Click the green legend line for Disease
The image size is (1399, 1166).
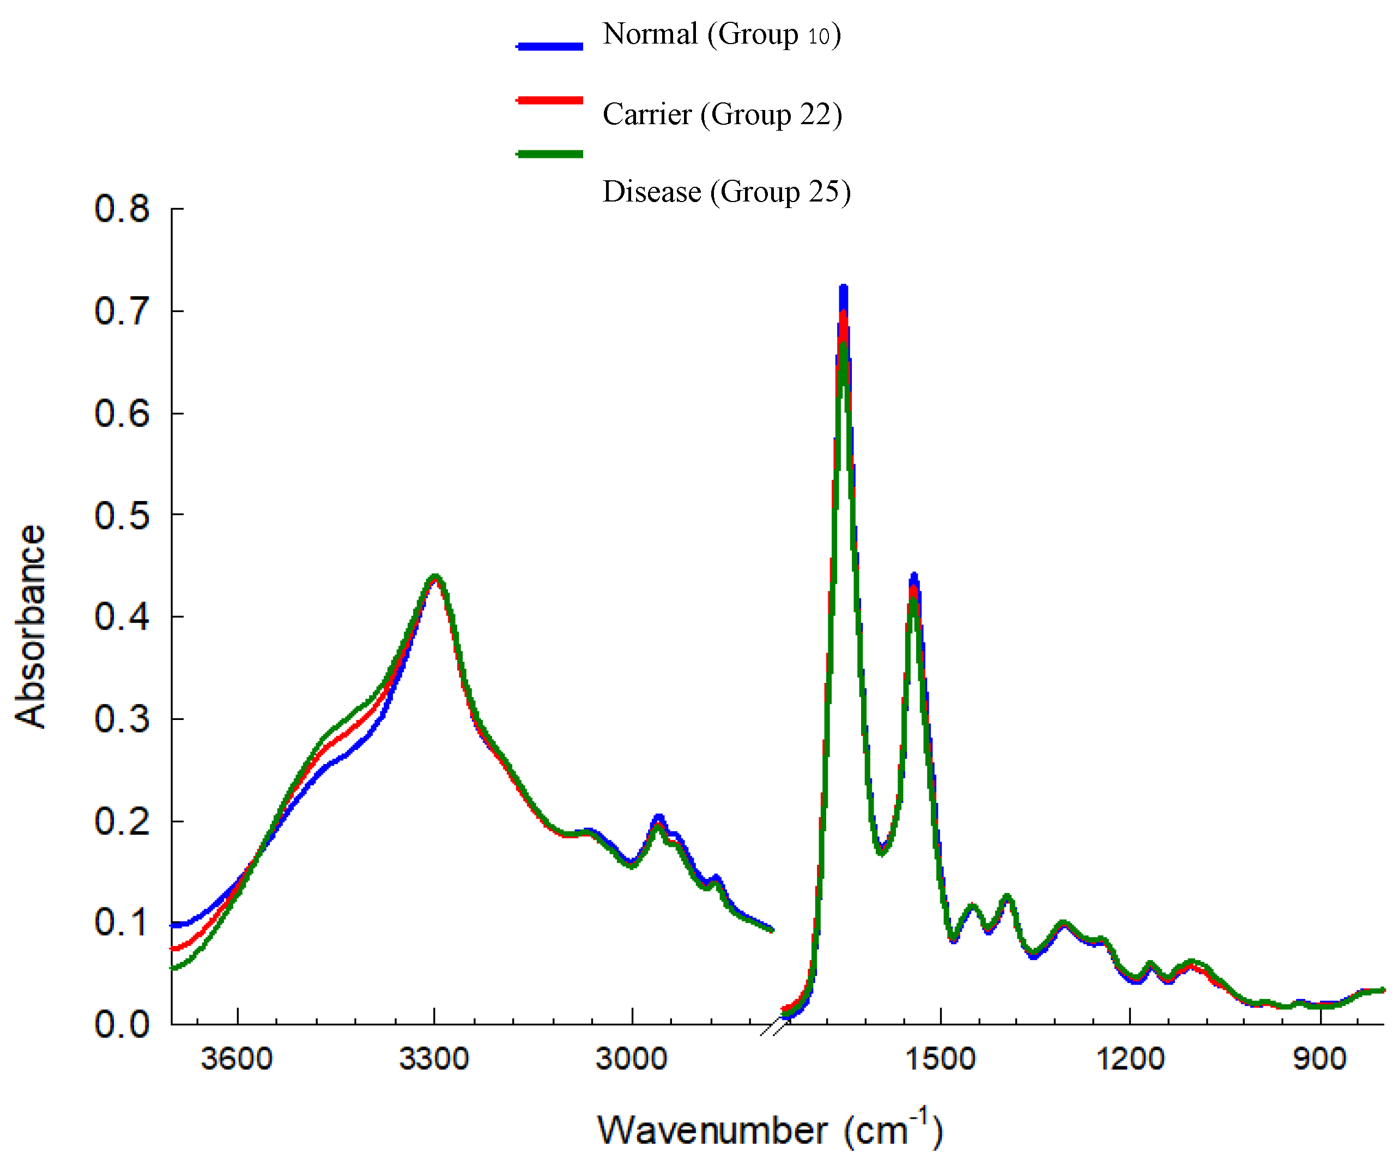click(549, 154)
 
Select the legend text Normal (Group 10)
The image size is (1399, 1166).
click(722, 35)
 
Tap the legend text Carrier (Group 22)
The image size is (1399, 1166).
click(722, 114)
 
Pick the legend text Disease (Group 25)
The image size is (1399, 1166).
click(726, 192)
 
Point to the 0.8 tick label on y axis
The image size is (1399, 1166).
click(122, 209)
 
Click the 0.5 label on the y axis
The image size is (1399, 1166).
click(122, 516)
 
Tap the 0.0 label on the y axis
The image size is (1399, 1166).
click(122, 1024)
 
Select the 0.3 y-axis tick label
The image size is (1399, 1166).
click(122, 719)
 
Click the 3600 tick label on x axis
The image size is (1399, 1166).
click(237, 1059)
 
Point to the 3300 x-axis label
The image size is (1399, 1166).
click(434, 1059)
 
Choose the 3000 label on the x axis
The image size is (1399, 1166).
click(631, 1059)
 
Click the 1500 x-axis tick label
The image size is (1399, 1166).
click(940, 1059)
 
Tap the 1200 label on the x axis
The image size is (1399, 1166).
click(1130, 1059)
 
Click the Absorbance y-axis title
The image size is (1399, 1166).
click(31, 626)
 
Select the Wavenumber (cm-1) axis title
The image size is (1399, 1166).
click(770, 1130)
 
